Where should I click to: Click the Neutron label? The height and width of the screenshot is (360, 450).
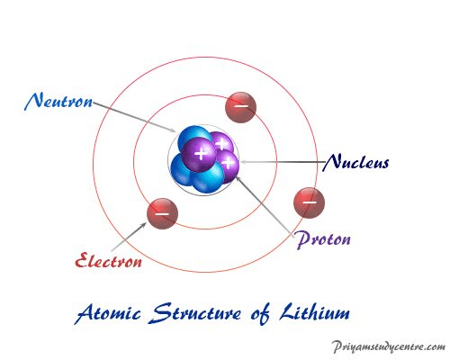coord(58,102)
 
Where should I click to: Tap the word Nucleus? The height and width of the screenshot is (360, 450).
coord(355,162)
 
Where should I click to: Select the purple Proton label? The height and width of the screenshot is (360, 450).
coord(323,239)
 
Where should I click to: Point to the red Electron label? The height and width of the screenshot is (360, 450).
coord(108,260)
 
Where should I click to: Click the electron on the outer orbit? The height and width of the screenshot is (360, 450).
coord(309,202)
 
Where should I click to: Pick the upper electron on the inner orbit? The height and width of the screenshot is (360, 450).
coord(240,107)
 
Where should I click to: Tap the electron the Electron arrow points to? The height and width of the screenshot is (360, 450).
coord(162,213)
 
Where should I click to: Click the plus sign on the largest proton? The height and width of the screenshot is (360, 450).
coord(201,154)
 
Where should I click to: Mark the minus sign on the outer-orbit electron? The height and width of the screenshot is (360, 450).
coord(310,202)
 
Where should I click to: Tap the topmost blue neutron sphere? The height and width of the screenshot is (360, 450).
coord(193,139)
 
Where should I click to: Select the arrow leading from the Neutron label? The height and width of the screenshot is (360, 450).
coord(134,117)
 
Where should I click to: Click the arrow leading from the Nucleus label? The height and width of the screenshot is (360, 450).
coord(283,162)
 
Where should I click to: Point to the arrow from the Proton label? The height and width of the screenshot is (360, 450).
coord(264,205)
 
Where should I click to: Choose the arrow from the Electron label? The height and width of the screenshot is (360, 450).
coord(129,237)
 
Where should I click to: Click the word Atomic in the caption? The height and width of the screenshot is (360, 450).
coord(107,314)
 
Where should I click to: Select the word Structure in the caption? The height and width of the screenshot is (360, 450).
coord(194,313)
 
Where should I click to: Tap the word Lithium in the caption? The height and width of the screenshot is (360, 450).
coord(314,312)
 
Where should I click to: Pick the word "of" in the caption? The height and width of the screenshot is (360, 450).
coord(260,314)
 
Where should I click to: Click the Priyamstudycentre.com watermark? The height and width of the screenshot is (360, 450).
coord(389,346)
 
